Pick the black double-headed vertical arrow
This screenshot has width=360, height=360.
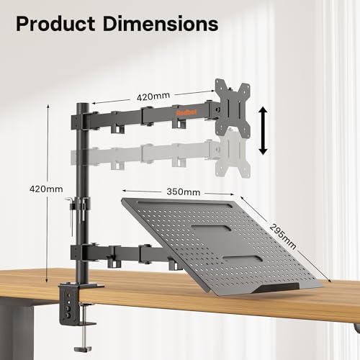click(264, 130)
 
